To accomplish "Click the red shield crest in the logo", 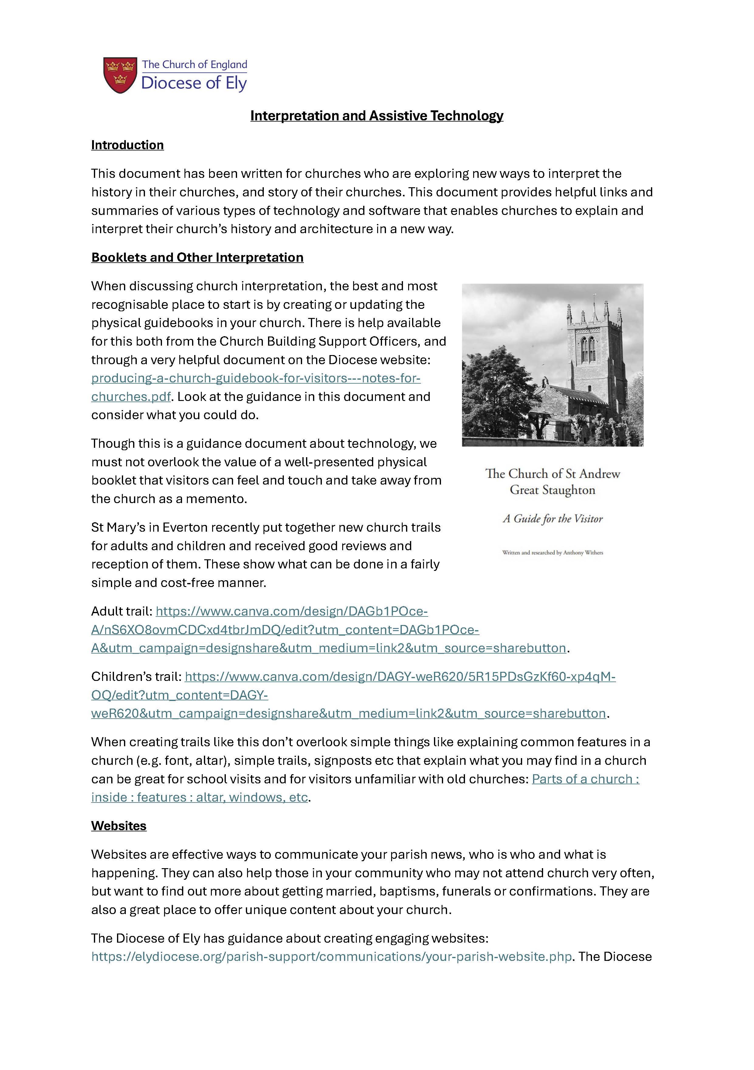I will pyautogui.click(x=120, y=75).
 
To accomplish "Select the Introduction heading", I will pyautogui.click(x=127, y=145).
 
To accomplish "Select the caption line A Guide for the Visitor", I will pyautogui.click(x=553, y=519).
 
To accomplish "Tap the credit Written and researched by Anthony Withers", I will pyautogui.click(x=553, y=553).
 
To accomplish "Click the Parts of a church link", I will pyautogui.click(x=585, y=779).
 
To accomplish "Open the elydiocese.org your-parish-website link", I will pyautogui.click(x=331, y=956).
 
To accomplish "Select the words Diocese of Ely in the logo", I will pyautogui.click(x=194, y=83).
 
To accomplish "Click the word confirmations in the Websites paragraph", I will pyautogui.click(x=551, y=891).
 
